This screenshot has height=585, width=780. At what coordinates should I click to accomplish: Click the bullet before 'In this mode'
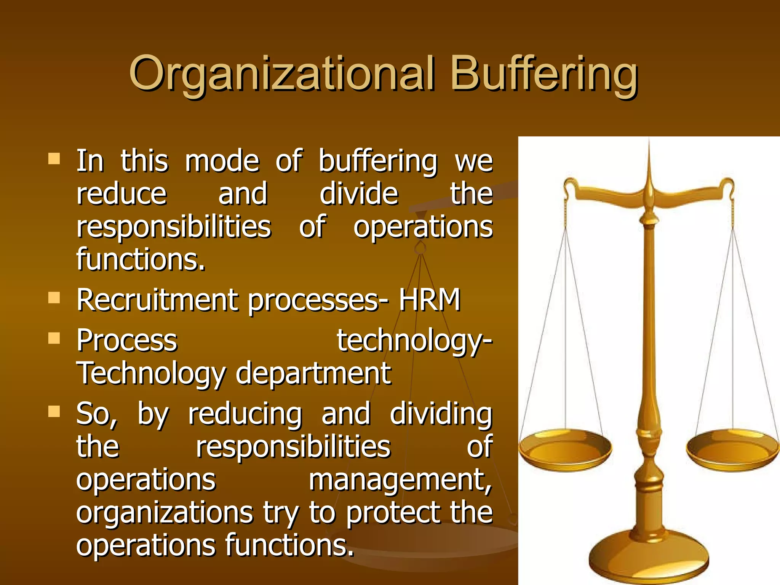tap(54, 158)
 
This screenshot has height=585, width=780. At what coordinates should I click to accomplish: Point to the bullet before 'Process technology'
tap(54, 337)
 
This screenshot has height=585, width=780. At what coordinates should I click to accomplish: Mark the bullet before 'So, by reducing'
tap(54, 411)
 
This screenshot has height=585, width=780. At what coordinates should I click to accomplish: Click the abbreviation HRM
tap(430, 300)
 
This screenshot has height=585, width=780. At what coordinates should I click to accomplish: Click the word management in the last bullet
tap(400, 480)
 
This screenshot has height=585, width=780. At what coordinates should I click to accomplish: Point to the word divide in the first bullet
tap(359, 193)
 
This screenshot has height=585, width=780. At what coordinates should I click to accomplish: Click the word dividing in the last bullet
tap(441, 414)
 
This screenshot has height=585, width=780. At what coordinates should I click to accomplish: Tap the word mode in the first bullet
tap(222, 161)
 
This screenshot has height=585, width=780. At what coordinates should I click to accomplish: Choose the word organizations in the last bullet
tap(165, 513)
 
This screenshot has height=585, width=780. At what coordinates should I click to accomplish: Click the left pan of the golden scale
tap(565, 449)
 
